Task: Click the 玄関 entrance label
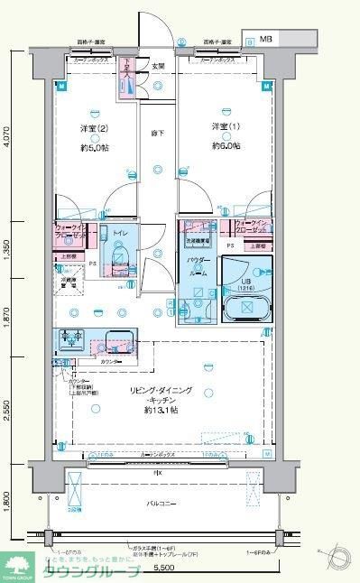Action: [157, 66]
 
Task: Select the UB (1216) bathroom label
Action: [246, 280]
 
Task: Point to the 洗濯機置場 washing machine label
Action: [198, 242]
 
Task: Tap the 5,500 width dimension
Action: [163, 569]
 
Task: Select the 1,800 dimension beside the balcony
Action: [6, 499]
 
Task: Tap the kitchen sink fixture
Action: [115, 343]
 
